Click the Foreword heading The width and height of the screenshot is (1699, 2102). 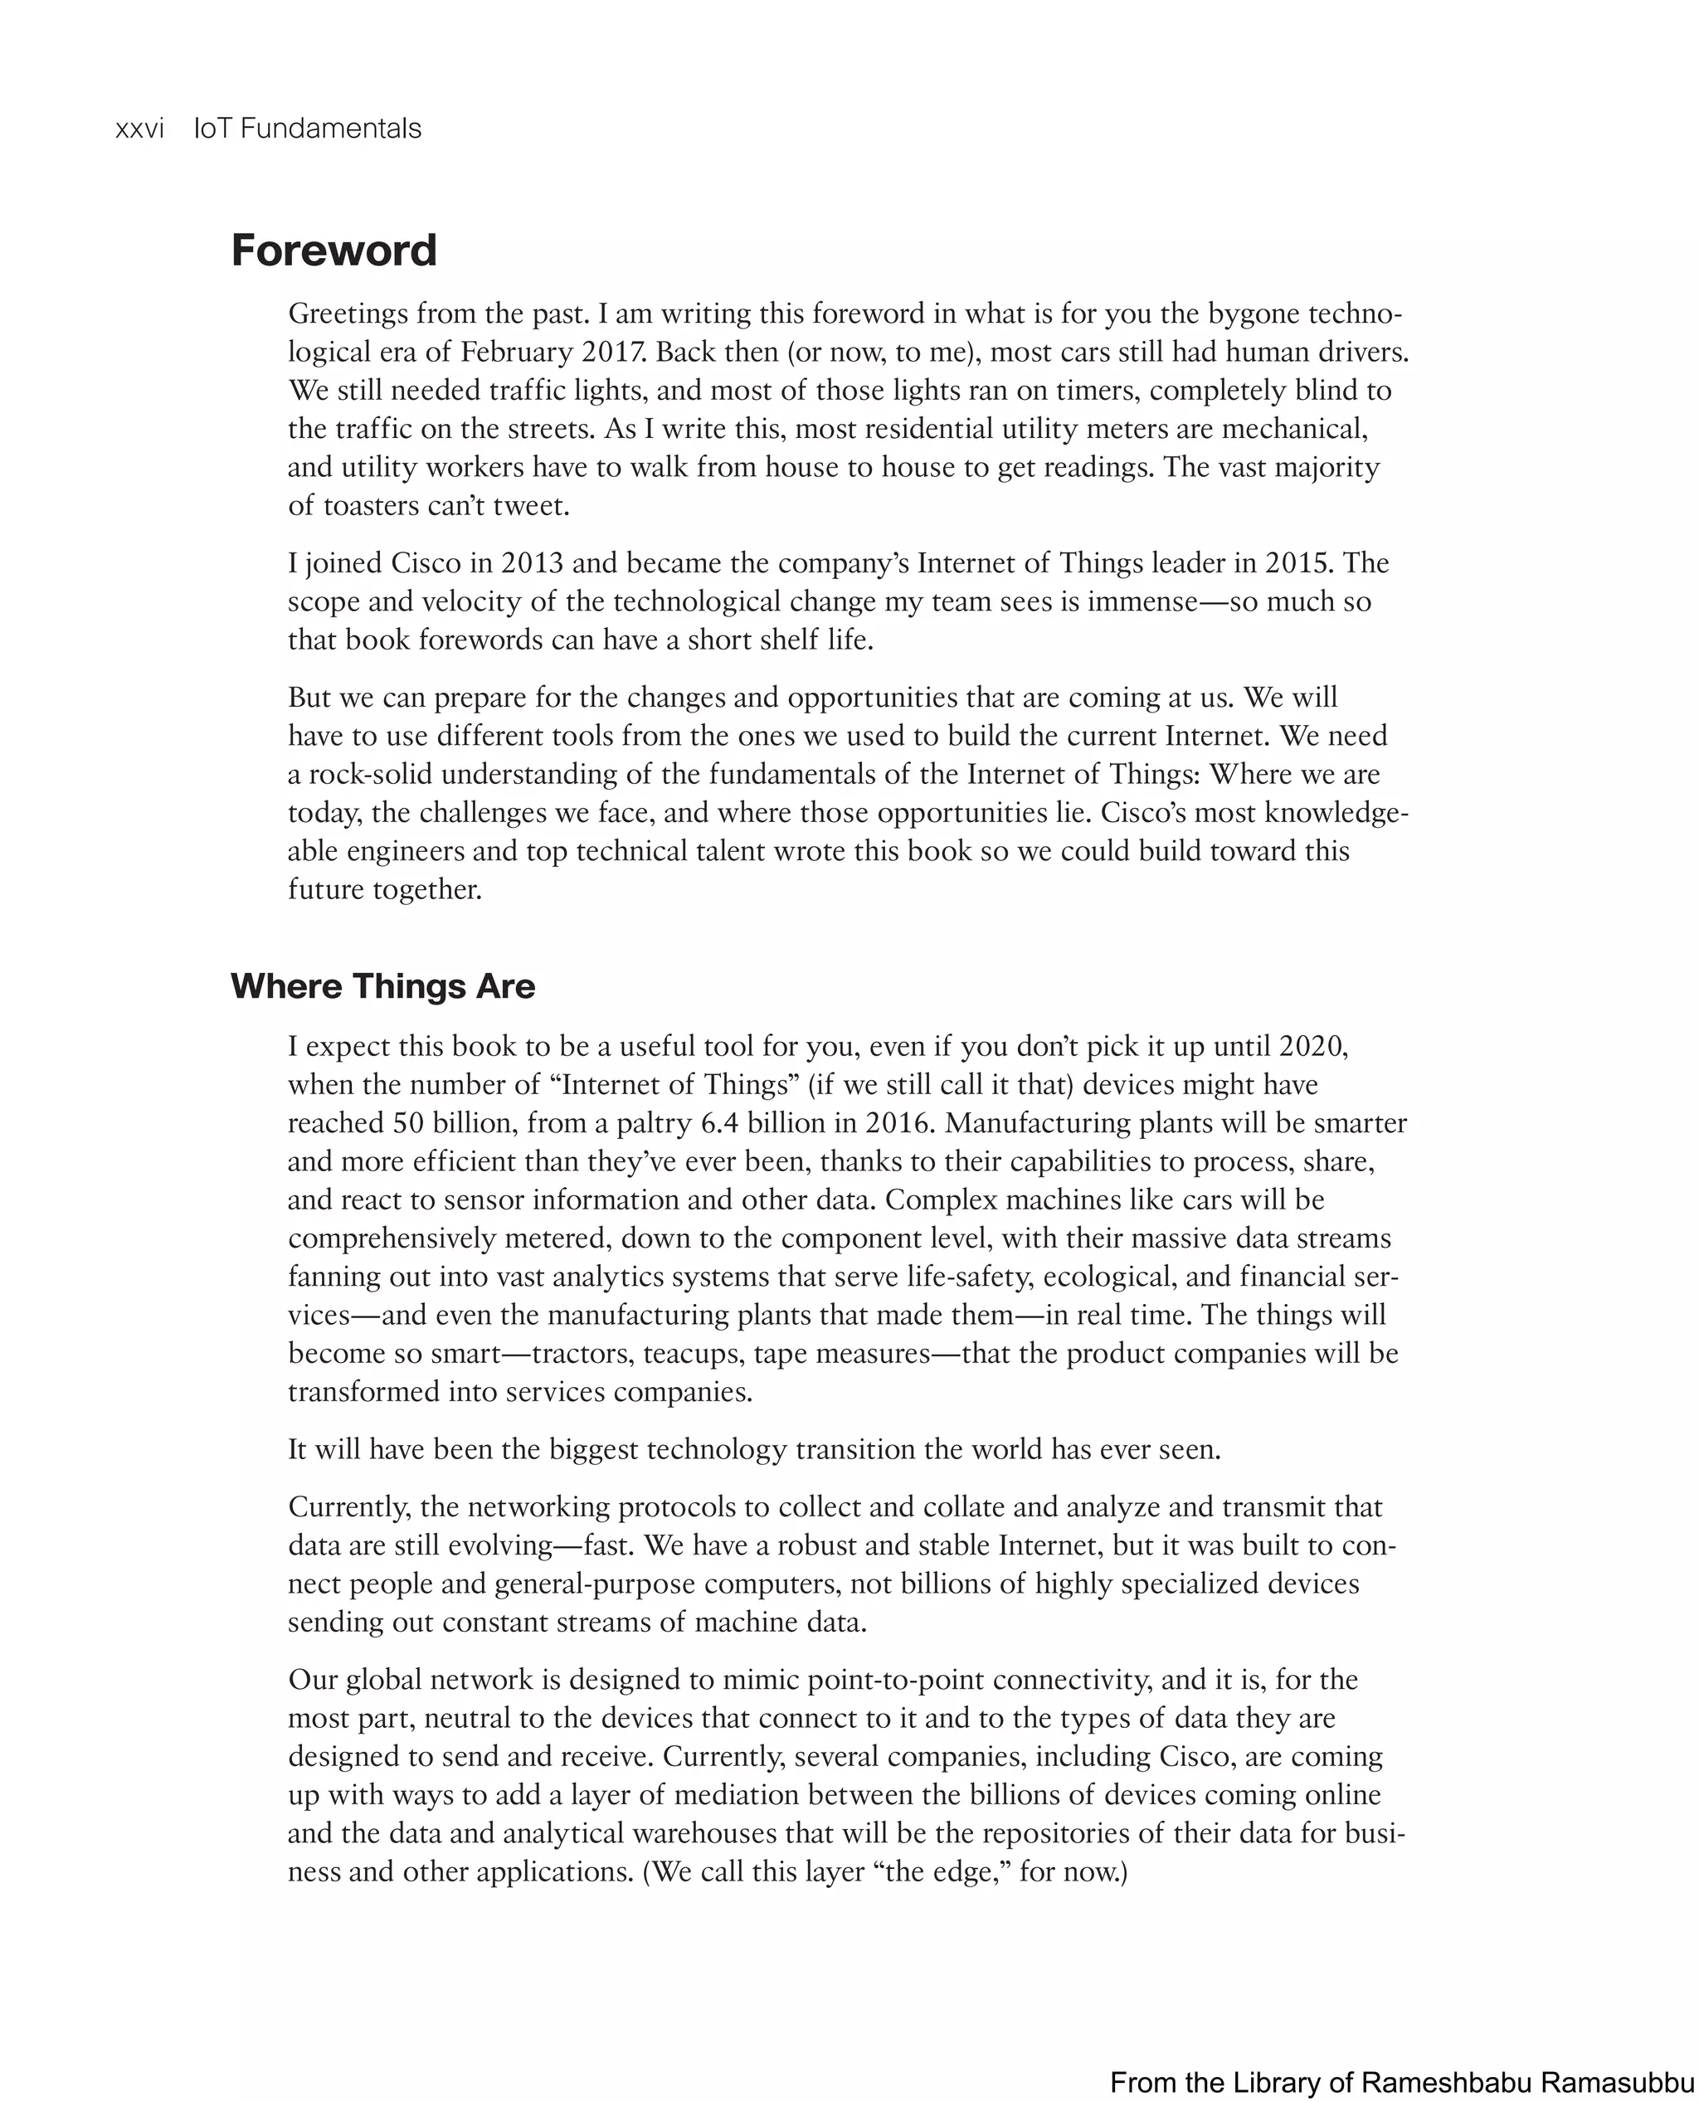point(333,251)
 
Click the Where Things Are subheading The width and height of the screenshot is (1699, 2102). point(382,985)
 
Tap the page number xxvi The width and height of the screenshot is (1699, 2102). point(139,129)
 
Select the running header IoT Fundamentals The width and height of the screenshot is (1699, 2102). point(307,129)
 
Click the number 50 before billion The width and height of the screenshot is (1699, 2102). point(407,1122)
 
